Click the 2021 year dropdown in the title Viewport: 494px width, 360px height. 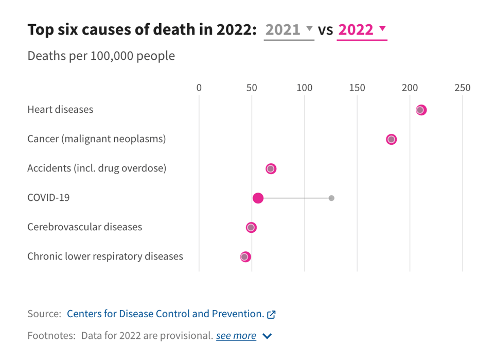289,30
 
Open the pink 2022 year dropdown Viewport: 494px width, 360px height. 362,30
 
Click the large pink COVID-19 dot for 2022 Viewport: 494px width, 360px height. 258,198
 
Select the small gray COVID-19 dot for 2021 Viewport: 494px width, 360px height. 331,198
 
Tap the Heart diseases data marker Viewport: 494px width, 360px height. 421,110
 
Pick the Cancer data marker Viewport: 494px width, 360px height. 392,139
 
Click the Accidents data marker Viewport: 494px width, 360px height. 271,168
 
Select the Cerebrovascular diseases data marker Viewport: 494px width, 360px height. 251,227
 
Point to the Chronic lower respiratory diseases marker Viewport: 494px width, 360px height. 245,256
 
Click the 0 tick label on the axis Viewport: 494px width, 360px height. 199,88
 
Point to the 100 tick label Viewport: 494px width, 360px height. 305,88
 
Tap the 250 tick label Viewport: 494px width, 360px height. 462,88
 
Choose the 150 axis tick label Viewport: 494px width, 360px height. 357,88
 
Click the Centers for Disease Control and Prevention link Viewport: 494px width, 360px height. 165,314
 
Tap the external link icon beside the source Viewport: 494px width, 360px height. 272,314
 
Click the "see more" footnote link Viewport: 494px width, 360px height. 236,336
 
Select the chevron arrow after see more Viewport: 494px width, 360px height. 267,336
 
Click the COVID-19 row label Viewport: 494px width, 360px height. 48,198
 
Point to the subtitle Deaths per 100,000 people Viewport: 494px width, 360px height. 101,56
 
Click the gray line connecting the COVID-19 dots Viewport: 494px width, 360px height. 296,198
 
